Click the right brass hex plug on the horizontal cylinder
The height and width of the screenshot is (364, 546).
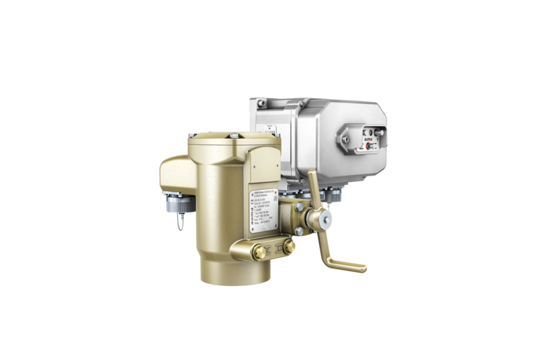tap(289, 247)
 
